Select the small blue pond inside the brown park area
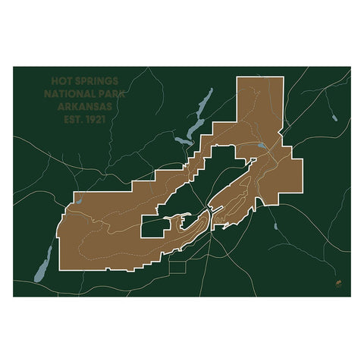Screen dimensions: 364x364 pos(260,146)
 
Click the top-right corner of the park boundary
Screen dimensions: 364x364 pos(283,77)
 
